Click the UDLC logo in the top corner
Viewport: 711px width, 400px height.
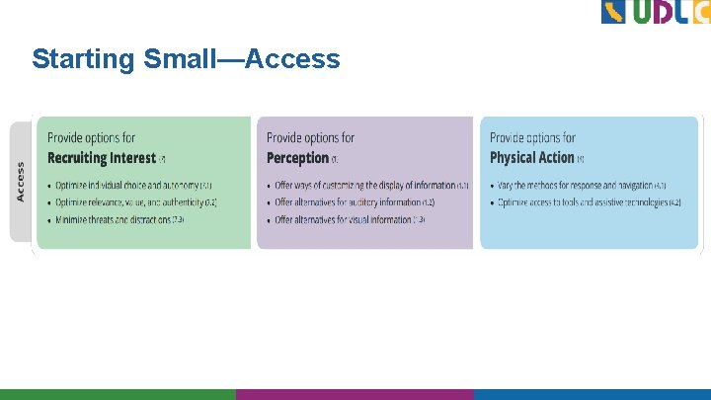[x=655, y=13]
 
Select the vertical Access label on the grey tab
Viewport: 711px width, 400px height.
[x=21, y=182]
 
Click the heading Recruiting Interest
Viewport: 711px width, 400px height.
[x=102, y=158]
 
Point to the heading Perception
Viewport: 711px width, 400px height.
[x=297, y=158]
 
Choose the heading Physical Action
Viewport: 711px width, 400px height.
[x=531, y=158]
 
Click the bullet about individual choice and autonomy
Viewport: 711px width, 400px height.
[x=127, y=186]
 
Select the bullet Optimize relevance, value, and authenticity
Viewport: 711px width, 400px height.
[x=130, y=202]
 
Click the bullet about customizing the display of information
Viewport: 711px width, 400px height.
[x=364, y=186]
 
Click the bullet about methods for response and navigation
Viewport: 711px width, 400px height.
[x=582, y=186]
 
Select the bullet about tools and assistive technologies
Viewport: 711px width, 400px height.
[x=589, y=202]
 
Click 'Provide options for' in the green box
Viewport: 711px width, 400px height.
[x=91, y=138]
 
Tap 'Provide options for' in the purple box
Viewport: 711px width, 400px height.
[x=310, y=138]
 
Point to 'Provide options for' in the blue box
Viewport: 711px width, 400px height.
[x=532, y=138]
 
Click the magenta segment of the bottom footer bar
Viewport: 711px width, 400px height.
[x=355, y=394]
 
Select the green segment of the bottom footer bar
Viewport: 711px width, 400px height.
[x=118, y=394]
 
